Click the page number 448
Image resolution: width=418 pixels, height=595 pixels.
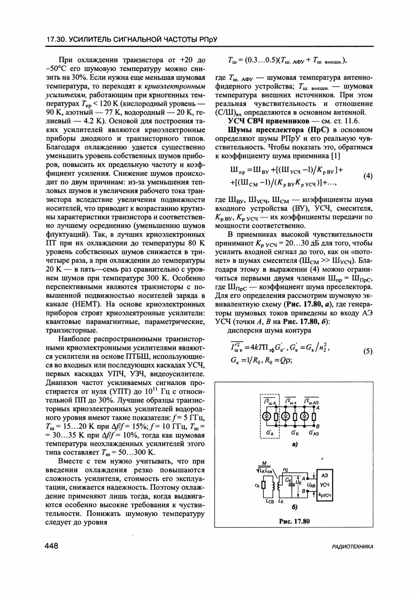52,547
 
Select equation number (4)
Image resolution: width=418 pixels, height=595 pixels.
369,176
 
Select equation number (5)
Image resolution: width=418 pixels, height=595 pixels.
369,351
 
